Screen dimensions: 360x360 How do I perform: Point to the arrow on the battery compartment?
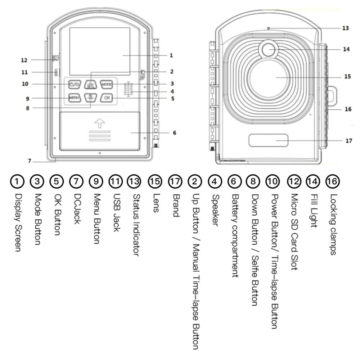[99, 123]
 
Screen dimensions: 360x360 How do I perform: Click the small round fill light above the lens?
[268, 49]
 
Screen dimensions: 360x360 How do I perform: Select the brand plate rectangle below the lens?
[268, 140]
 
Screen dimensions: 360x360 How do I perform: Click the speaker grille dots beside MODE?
[128, 89]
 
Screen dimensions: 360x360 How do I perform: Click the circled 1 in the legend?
[17, 181]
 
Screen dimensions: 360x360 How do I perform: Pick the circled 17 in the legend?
[175, 181]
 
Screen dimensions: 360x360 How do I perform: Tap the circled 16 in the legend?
[332, 181]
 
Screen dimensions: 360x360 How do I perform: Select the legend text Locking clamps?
[333, 225]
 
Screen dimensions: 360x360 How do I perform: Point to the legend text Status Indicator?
[136, 225]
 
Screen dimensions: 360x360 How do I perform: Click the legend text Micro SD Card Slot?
[294, 232]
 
